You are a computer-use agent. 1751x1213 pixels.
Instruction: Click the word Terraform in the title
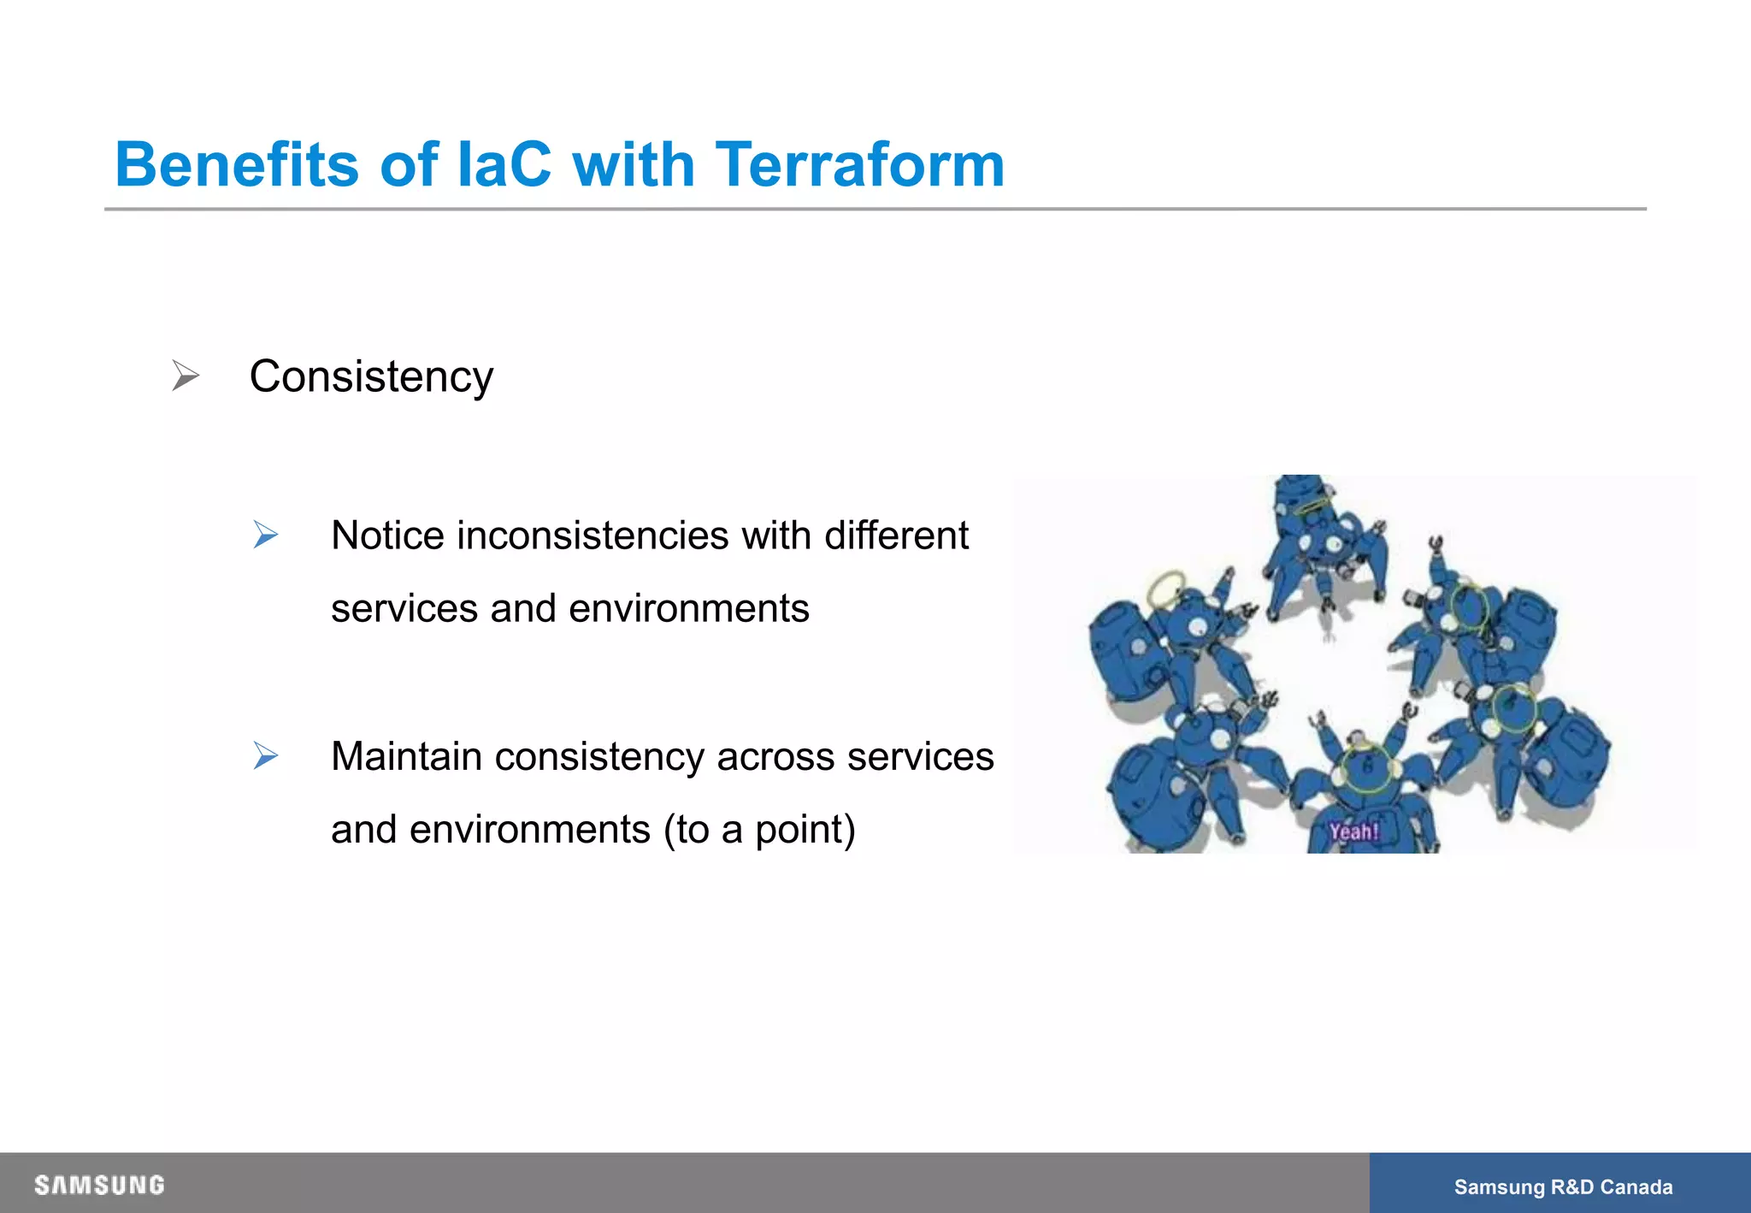tap(859, 164)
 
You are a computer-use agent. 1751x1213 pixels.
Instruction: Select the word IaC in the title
tap(504, 164)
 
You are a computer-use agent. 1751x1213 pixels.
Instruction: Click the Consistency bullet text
tap(371, 376)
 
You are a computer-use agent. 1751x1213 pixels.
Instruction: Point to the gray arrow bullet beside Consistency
tap(185, 376)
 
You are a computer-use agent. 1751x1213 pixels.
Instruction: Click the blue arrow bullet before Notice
tap(266, 535)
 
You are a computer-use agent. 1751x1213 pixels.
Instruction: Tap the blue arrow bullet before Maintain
tap(266, 756)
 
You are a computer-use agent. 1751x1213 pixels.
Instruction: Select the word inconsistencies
tap(593, 535)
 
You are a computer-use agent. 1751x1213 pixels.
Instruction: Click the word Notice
tap(387, 535)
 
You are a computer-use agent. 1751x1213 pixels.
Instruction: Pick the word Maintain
tap(405, 756)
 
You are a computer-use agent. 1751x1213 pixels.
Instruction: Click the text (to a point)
tap(759, 829)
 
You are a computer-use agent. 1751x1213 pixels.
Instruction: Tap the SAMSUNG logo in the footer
tap(99, 1185)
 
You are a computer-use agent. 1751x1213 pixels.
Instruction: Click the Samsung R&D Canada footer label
tap(1563, 1186)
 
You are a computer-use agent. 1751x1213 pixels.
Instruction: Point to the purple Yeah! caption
tap(1353, 831)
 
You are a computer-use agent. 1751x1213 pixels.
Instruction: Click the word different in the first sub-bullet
tap(896, 535)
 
